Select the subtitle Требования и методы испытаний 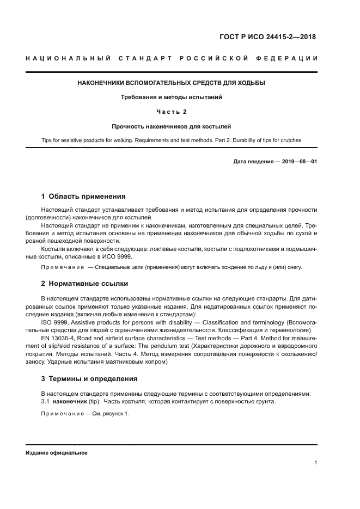click(172, 97)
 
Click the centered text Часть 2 click(172, 112)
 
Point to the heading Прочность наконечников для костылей click(172, 126)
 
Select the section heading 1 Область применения click(83, 196)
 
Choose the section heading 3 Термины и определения click(89, 378)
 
